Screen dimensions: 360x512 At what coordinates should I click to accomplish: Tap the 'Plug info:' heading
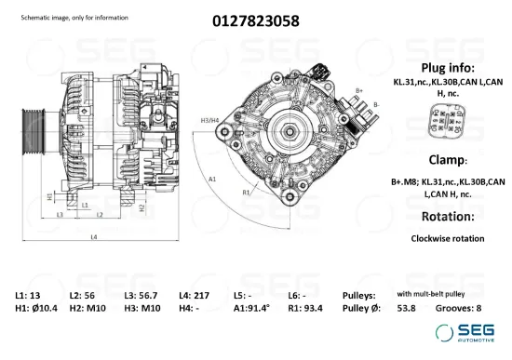tap(448, 68)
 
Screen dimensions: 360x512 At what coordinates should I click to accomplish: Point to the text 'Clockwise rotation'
tap(448, 238)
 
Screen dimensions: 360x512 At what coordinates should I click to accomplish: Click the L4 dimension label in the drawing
tap(94, 237)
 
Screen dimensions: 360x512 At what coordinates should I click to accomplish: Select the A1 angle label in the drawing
tap(213, 179)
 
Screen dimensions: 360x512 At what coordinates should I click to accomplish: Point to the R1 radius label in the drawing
tap(247, 192)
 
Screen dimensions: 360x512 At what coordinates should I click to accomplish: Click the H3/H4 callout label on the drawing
tap(210, 120)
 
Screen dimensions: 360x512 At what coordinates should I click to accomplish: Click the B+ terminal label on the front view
tap(359, 90)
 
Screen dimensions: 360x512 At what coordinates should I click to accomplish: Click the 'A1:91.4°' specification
tap(251, 308)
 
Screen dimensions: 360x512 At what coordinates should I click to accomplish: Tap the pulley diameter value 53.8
tap(407, 308)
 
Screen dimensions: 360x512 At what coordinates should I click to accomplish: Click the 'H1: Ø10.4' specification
tap(37, 308)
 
